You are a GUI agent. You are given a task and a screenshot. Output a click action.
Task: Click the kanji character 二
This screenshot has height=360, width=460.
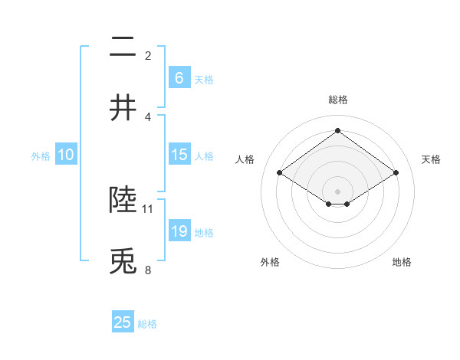tap(123, 48)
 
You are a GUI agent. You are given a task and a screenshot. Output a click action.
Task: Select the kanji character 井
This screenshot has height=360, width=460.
tap(123, 107)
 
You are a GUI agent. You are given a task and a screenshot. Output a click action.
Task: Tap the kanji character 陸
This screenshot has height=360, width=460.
tap(123, 200)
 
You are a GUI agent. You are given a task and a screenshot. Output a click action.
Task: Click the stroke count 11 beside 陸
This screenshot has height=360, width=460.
tap(148, 208)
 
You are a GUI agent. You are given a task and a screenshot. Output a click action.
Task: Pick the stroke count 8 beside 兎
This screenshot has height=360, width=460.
tap(148, 270)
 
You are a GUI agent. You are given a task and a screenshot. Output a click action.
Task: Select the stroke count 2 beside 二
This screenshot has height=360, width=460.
tap(148, 56)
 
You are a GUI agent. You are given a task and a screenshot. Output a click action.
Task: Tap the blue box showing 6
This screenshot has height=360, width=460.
tap(179, 77)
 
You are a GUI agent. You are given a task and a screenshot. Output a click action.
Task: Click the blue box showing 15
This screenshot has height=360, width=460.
tap(179, 155)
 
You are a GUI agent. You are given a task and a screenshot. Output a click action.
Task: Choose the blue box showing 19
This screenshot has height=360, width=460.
tap(179, 231)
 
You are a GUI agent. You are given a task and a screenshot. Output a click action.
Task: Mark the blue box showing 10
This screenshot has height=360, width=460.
tap(66, 155)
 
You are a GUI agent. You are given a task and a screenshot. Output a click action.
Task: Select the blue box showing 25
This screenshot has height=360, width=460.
tap(123, 322)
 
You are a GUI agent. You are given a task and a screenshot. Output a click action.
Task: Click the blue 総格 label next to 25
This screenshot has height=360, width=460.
tap(147, 324)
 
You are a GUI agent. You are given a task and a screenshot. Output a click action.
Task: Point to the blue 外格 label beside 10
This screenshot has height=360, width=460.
tap(41, 156)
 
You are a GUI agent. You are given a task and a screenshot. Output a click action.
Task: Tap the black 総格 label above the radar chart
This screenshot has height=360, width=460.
tap(338, 100)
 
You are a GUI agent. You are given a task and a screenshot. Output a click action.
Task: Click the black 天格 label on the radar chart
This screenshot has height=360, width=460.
tap(431, 159)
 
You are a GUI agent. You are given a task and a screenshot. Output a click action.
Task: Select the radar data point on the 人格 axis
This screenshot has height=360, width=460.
tap(280, 173)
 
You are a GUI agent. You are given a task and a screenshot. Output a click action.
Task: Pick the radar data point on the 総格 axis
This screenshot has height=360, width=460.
tap(338, 131)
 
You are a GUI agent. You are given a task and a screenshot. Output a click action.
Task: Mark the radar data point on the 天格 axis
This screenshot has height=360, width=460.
tap(396, 173)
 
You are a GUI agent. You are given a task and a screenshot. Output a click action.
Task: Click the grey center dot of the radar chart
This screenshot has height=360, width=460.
tap(338, 190)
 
